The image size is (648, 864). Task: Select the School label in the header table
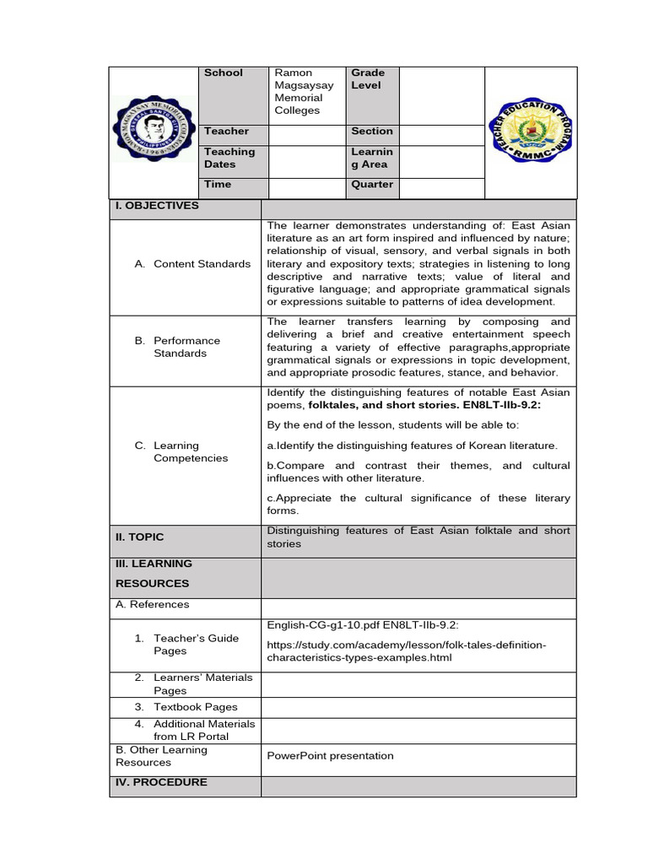tap(223, 73)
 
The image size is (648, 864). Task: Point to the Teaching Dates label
tap(229, 158)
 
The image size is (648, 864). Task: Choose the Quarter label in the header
tap(372, 185)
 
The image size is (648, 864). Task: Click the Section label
tap(372, 132)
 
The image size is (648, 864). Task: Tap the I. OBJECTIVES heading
tap(157, 206)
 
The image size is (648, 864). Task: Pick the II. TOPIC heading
tap(140, 537)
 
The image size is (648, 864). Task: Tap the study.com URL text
tap(406, 651)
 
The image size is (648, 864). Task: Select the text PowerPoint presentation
tap(330, 756)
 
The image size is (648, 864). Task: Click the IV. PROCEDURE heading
tap(161, 783)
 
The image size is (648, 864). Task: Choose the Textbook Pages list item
tap(195, 707)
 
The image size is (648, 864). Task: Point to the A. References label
tap(153, 605)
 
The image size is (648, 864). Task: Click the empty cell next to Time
tap(307, 185)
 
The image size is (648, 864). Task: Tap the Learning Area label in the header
tap(372, 158)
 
